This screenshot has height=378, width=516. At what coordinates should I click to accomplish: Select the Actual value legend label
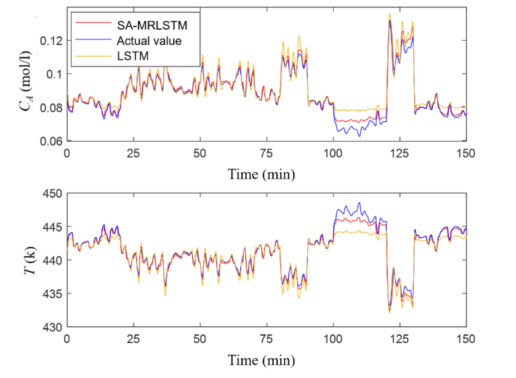tap(149, 41)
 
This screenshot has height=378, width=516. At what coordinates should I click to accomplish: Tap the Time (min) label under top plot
tap(261, 175)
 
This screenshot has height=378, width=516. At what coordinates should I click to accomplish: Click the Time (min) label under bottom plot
tap(261, 360)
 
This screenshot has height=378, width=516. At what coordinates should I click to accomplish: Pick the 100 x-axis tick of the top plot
tap(333, 153)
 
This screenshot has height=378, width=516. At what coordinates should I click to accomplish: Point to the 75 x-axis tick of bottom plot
tap(267, 338)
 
